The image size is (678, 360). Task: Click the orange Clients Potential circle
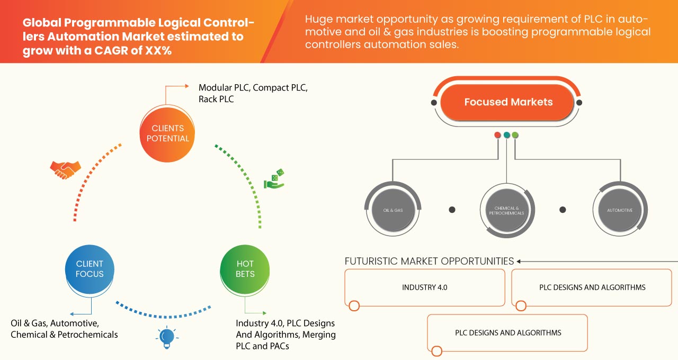click(167, 133)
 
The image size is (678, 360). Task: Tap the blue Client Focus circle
click(90, 269)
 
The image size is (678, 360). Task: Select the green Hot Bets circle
click(245, 269)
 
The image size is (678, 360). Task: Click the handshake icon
click(65, 169)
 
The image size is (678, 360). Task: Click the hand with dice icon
click(274, 179)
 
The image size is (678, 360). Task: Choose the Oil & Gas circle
click(393, 210)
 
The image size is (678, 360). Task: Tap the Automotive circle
click(619, 210)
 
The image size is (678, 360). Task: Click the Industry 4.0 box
click(424, 287)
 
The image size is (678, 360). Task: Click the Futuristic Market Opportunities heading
click(429, 261)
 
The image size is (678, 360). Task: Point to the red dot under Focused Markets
click(497, 135)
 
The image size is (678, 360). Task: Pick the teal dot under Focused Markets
click(506, 135)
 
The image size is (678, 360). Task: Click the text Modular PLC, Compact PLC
click(253, 87)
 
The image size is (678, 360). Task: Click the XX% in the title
click(163, 51)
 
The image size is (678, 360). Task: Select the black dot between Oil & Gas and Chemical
click(452, 210)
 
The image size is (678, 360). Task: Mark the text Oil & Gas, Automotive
click(54, 323)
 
